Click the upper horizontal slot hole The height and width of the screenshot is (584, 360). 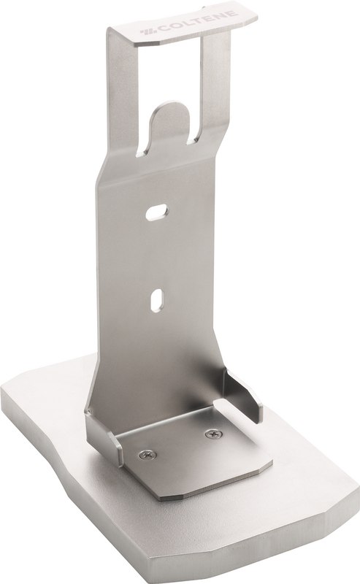156,212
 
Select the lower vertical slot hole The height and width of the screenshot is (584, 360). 156,299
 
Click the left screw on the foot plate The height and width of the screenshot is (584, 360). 148,454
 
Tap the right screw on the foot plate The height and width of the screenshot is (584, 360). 214,434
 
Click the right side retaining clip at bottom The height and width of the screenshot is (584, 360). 242,396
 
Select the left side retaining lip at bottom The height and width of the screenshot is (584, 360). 104,439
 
